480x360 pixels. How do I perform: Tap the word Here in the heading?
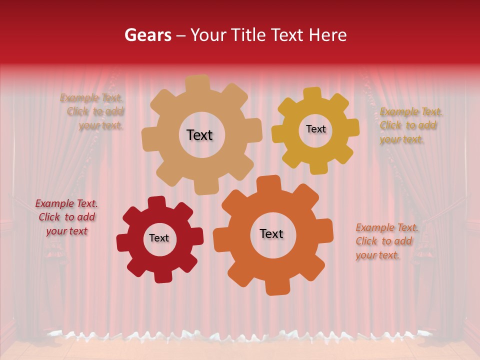tap(328, 35)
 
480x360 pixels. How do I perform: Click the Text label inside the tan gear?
tap(199, 135)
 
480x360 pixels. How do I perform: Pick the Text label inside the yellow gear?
tap(315, 129)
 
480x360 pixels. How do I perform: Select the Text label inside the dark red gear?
tap(159, 238)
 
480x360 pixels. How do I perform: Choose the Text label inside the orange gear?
tap(271, 233)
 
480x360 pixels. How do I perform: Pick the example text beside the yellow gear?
tap(410, 125)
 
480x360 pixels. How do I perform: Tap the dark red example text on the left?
tap(66, 217)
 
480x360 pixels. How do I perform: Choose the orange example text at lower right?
tap(385, 241)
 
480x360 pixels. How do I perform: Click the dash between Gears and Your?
tap(181, 35)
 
